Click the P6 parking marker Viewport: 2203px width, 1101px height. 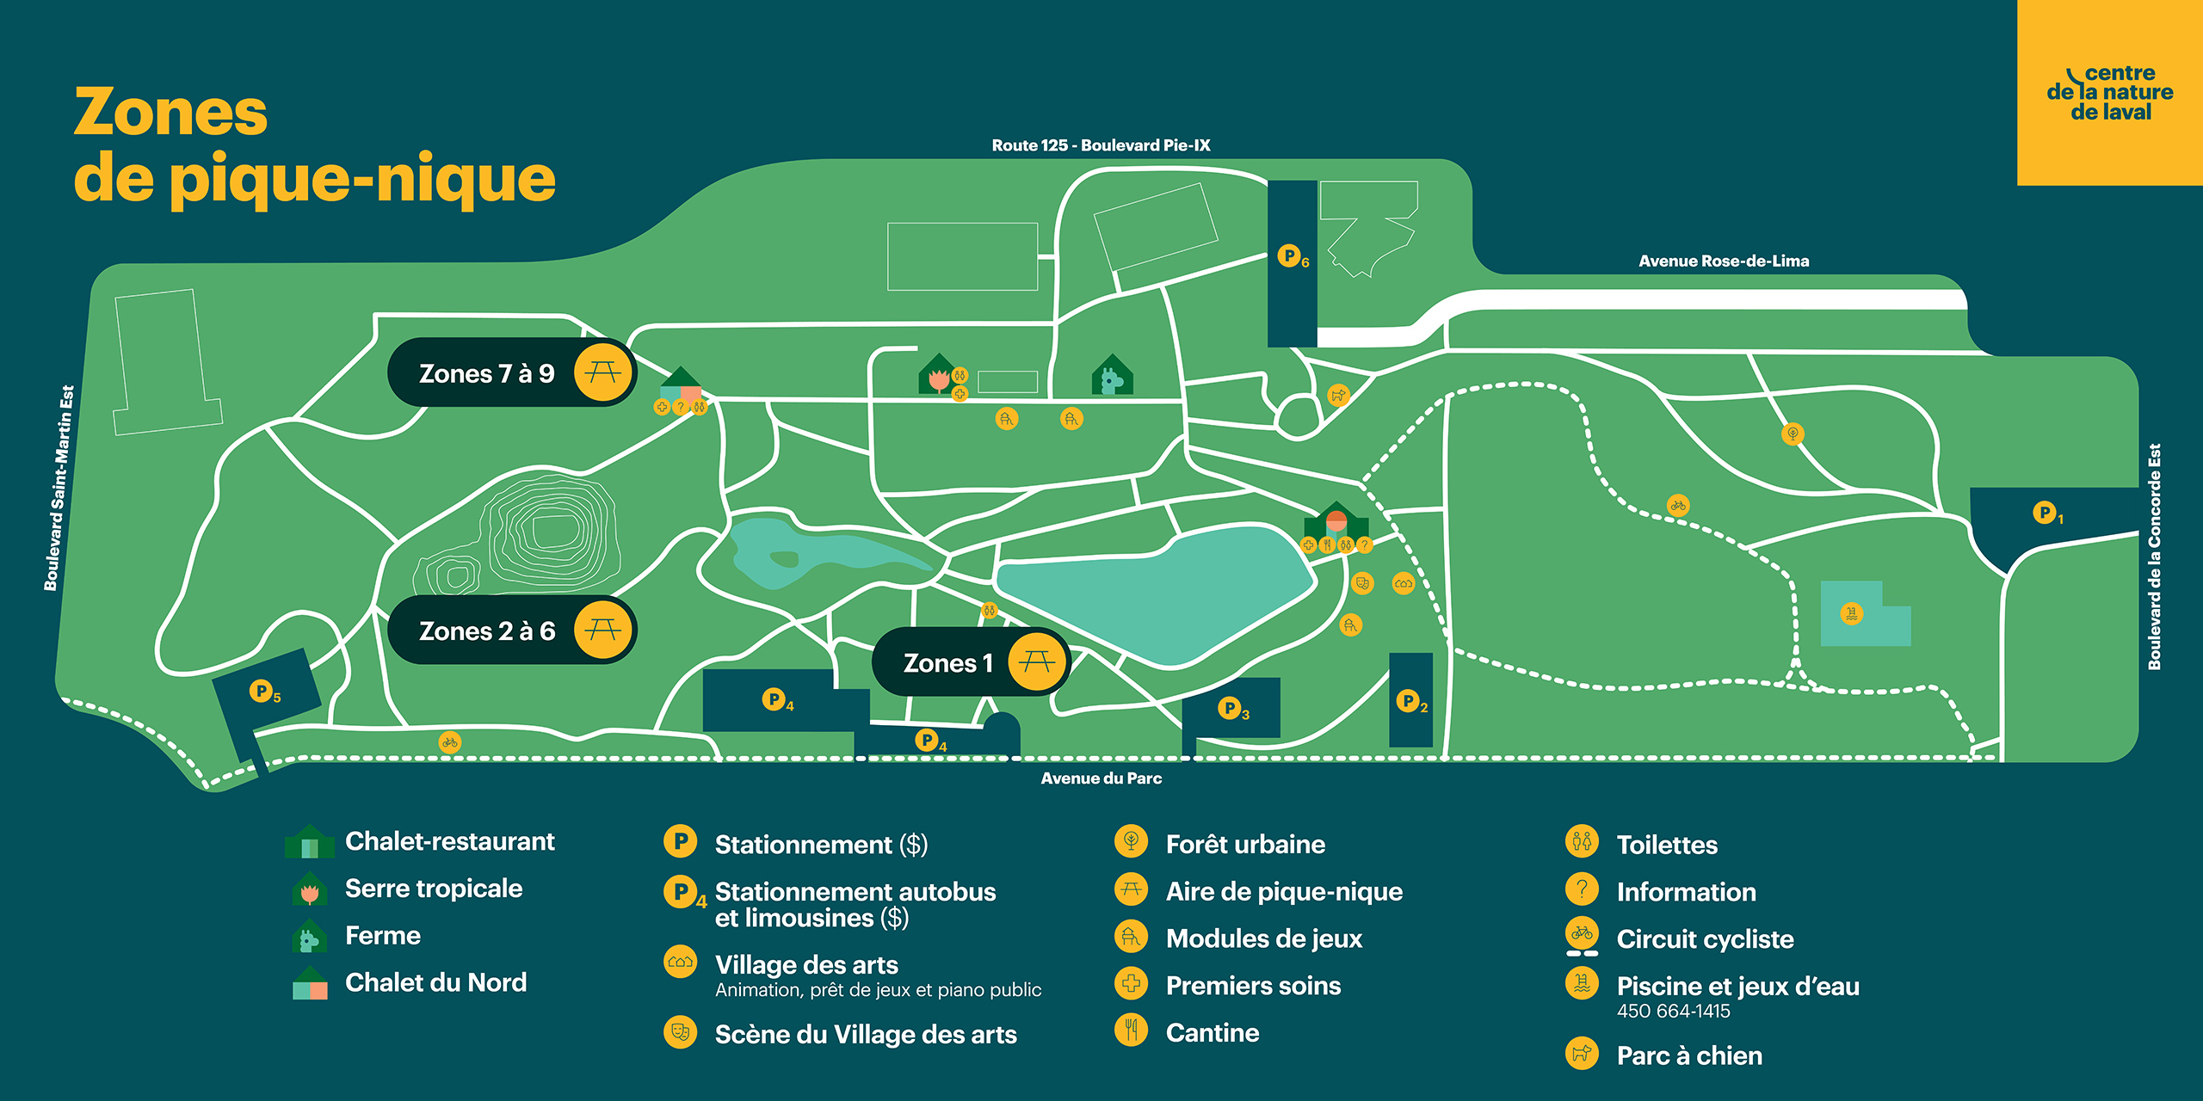click(x=1291, y=256)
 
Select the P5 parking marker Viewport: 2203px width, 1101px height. click(x=262, y=691)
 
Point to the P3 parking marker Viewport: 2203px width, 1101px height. click(x=1231, y=709)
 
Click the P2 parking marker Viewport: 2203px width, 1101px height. click(x=1410, y=701)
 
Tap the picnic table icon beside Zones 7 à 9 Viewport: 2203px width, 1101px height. click(x=603, y=372)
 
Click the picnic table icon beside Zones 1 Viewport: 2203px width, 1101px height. click(x=1037, y=661)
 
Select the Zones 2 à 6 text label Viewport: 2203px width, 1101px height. click(x=487, y=630)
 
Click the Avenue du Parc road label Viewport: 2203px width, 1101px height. click(x=1101, y=778)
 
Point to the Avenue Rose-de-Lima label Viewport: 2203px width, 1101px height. click(x=1723, y=261)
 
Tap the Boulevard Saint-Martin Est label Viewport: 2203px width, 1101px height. click(x=59, y=488)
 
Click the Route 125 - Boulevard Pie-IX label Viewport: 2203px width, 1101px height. click(x=1101, y=145)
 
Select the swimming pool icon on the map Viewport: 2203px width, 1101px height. click(x=1851, y=613)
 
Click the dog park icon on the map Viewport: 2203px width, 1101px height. click(x=1337, y=395)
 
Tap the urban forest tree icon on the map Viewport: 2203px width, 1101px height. click(x=1793, y=434)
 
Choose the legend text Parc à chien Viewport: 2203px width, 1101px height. click(x=1688, y=1055)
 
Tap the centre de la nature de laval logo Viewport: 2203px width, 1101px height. click(x=2109, y=93)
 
